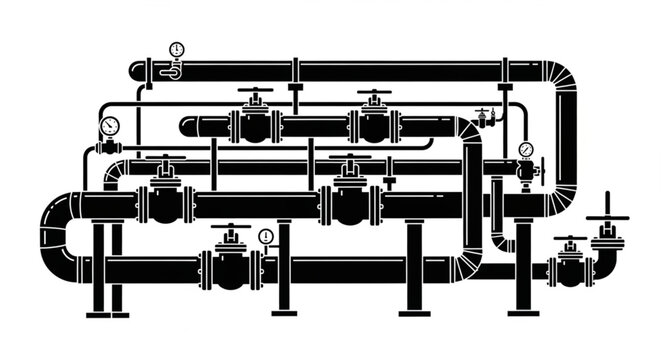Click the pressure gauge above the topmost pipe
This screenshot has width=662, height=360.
pyautogui.click(x=177, y=49)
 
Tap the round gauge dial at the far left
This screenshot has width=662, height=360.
pyautogui.click(x=109, y=126)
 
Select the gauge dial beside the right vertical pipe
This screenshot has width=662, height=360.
pyautogui.click(x=526, y=150)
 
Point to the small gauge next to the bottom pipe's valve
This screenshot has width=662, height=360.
pyautogui.click(x=265, y=237)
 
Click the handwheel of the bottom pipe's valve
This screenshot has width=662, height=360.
pyautogui.click(x=231, y=227)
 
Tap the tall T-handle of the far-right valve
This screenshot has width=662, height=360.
pyautogui.click(x=607, y=217)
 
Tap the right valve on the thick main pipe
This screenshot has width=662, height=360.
pyautogui.click(x=350, y=202)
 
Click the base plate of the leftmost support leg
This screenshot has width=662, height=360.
pyautogui.click(x=98, y=314)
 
